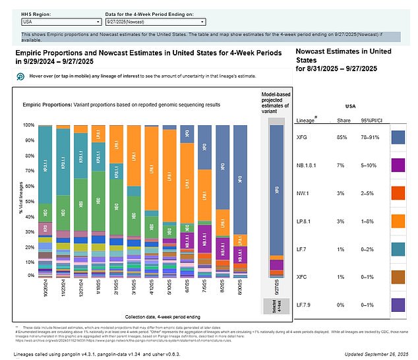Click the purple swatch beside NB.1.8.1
[x=399, y=164]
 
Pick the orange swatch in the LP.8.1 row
[x=399, y=220]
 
